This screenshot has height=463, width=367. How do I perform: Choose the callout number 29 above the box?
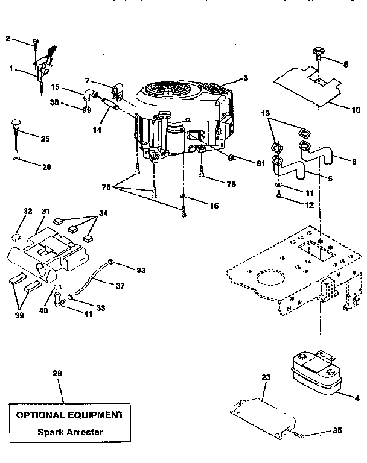click(57, 374)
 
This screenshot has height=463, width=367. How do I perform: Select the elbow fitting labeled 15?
click(90, 95)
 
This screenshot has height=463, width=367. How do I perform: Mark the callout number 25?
click(45, 139)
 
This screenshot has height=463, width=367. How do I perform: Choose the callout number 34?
click(104, 213)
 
